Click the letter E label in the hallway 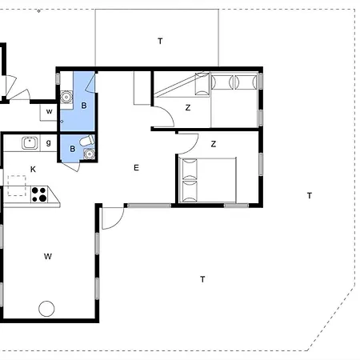(x=136, y=168)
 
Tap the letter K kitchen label (x=33, y=170)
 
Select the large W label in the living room (x=48, y=257)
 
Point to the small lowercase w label (x=49, y=111)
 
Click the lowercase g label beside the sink (x=48, y=143)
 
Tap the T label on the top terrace (x=160, y=42)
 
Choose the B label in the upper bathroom (x=84, y=106)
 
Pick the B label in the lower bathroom (x=73, y=149)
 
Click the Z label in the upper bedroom (x=188, y=108)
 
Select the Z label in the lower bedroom (x=214, y=144)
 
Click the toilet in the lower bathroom (x=87, y=141)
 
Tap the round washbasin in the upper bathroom (x=66, y=97)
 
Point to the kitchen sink (x=30, y=143)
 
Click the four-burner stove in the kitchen (x=39, y=194)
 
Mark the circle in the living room (x=46, y=309)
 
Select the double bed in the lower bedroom (x=208, y=180)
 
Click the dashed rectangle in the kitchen (x=17, y=186)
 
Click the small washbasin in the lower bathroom (x=89, y=154)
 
